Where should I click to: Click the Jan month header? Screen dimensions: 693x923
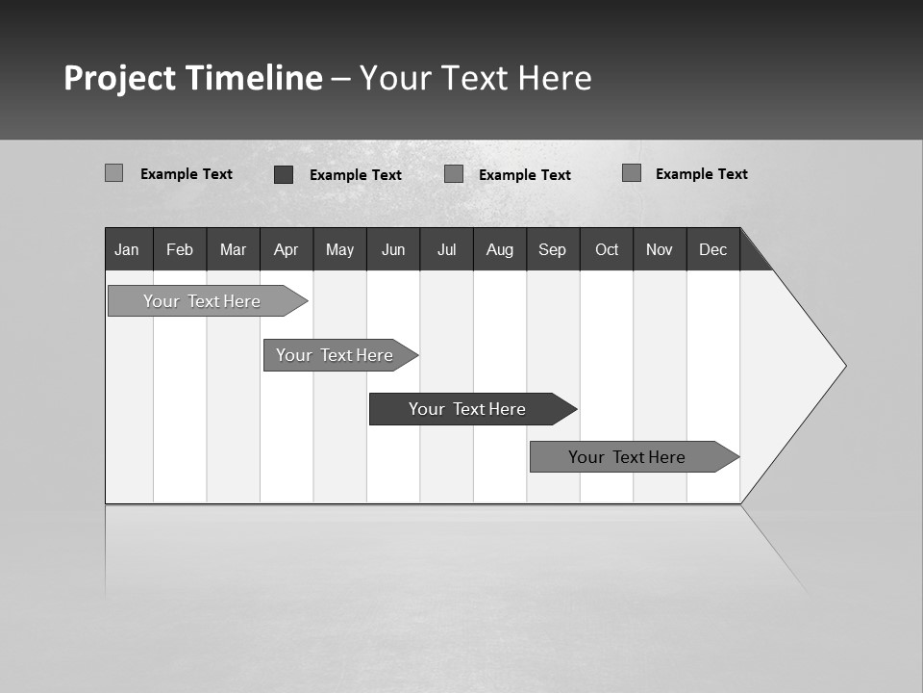pyautogui.click(x=127, y=249)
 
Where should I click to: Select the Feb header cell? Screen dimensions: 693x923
pyautogui.click(x=180, y=249)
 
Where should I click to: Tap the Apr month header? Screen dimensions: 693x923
pyautogui.click(x=286, y=249)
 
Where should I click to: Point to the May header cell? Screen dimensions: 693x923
pyautogui.click(x=339, y=249)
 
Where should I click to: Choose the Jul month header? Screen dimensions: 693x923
pyautogui.click(x=446, y=249)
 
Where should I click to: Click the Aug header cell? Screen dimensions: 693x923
pyautogui.click(x=500, y=249)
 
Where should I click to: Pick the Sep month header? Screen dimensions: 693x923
pyautogui.click(x=553, y=249)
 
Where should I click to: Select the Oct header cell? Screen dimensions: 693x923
pyautogui.click(x=607, y=249)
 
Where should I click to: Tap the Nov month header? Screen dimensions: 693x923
pyautogui.click(x=660, y=249)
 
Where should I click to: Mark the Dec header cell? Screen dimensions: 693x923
pyautogui.click(x=713, y=249)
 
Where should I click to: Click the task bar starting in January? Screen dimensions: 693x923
pyautogui.click(x=202, y=301)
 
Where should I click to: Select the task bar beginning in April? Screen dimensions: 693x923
pyautogui.click(x=335, y=355)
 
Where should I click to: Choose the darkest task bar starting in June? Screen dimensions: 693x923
pyautogui.click(x=467, y=409)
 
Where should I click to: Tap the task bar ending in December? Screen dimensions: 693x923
pyautogui.click(x=627, y=457)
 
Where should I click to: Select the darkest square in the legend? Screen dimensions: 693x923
pyautogui.click(x=284, y=174)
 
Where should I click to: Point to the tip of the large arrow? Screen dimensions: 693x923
pyautogui.click(x=843, y=366)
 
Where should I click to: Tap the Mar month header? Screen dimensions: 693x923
pyautogui.click(x=233, y=249)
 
